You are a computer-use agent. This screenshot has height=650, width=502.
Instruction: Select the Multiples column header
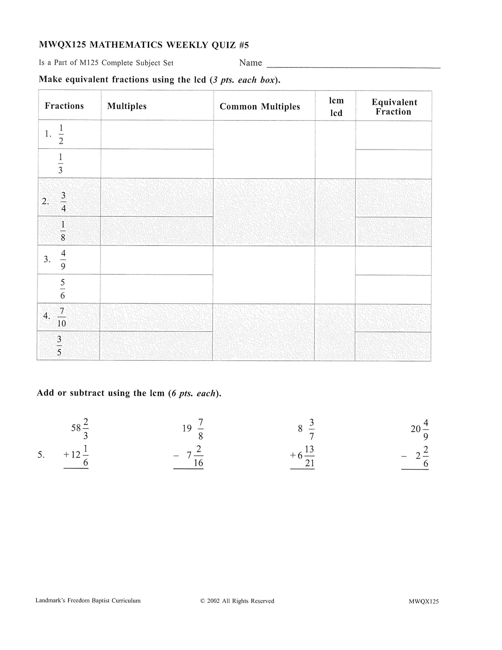(x=127, y=106)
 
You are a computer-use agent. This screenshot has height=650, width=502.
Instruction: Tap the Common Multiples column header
(x=260, y=106)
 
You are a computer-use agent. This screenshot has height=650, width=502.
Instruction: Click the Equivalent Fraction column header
(x=394, y=107)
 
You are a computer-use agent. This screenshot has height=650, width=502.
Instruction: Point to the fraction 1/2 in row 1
(x=61, y=135)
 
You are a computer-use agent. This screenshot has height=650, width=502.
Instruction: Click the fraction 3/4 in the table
(x=64, y=202)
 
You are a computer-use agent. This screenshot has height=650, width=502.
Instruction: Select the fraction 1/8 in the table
(x=63, y=231)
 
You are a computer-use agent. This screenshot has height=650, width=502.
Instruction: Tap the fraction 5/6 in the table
(x=63, y=289)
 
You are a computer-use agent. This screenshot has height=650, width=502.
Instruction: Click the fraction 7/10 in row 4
(x=61, y=317)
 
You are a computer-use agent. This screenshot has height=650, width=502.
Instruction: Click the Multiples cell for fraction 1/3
(x=157, y=164)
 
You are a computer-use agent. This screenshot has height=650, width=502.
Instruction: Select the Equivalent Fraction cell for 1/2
(x=394, y=135)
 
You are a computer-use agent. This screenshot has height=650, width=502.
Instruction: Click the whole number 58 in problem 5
(x=76, y=428)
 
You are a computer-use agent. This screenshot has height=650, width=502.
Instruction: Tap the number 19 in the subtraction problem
(x=187, y=428)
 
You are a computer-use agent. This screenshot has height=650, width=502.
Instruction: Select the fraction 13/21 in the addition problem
(x=310, y=456)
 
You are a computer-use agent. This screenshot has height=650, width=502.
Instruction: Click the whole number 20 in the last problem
(x=415, y=429)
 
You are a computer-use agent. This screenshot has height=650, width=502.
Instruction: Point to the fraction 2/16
(x=198, y=456)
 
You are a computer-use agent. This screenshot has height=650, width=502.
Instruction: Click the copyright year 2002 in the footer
(x=213, y=601)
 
